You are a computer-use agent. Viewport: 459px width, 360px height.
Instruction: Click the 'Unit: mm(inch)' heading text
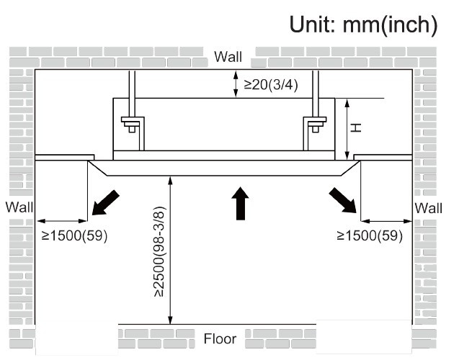[x=363, y=25]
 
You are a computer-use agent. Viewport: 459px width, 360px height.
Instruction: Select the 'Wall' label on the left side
[x=19, y=207]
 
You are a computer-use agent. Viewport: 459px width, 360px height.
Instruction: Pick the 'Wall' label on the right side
[x=429, y=207]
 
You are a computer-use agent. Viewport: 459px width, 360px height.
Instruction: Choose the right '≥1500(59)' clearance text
[x=370, y=235]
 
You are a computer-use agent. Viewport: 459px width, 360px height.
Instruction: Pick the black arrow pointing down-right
[x=343, y=199]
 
